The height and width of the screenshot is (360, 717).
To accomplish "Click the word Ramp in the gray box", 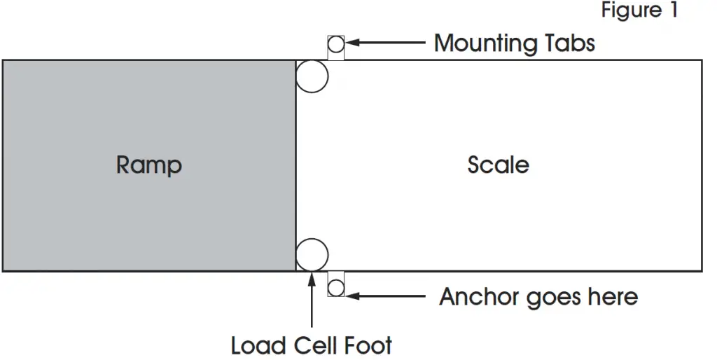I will pos(148,165).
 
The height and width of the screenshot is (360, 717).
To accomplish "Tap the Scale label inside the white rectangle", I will pos(498,165).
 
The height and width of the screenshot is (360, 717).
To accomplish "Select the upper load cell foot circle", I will pos(312,76).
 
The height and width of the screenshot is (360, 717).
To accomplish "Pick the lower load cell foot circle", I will pos(312,254).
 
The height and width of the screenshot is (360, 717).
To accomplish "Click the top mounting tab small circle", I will pos(336,45).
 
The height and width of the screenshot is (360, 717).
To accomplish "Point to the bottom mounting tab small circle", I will pos(336,287).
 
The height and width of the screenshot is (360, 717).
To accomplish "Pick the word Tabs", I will pos(570,43).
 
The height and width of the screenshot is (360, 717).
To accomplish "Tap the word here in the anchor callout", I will pos(613,297).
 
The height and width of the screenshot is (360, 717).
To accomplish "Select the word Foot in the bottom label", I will pos(368,345).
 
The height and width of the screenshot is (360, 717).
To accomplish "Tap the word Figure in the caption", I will pos(631,11).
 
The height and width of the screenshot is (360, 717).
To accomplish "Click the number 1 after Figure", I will pos(673,11).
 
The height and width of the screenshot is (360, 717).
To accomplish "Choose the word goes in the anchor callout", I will pos(548,298).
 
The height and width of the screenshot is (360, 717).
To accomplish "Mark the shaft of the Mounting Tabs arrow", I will pos(392,43).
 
